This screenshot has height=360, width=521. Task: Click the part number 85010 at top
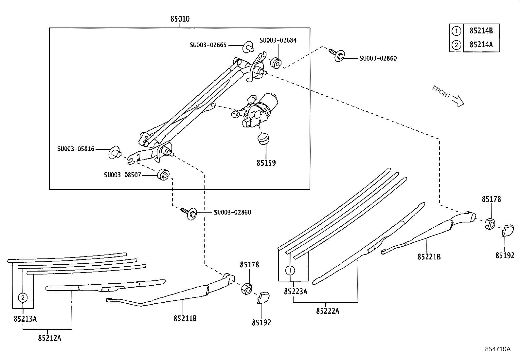[x=180, y=19]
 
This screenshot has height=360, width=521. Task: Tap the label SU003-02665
[x=208, y=45]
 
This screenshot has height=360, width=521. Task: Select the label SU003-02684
[x=278, y=40]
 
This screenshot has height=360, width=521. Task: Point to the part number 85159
[x=266, y=163]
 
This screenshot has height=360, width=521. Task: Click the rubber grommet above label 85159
[x=264, y=139]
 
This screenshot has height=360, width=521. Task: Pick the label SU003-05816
[x=76, y=149]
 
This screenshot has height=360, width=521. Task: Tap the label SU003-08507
[x=122, y=175]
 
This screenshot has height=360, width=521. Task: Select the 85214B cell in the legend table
[x=481, y=31]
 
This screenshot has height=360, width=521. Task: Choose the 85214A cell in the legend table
[x=481, y=45]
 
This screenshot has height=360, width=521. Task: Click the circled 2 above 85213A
[x=23, y=297]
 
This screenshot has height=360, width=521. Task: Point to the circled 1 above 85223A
[x=290, y=271]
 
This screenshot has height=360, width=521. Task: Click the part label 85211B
[x=185, y=318]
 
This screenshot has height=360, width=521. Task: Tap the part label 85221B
[x=429, y=257]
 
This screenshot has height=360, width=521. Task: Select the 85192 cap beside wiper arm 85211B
[x=263, y=297]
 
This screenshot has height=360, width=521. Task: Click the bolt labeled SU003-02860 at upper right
[x=337, y=55]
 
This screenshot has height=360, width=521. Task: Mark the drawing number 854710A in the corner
[x=497, y=349]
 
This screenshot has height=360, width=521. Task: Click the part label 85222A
[x=327, y=311]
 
